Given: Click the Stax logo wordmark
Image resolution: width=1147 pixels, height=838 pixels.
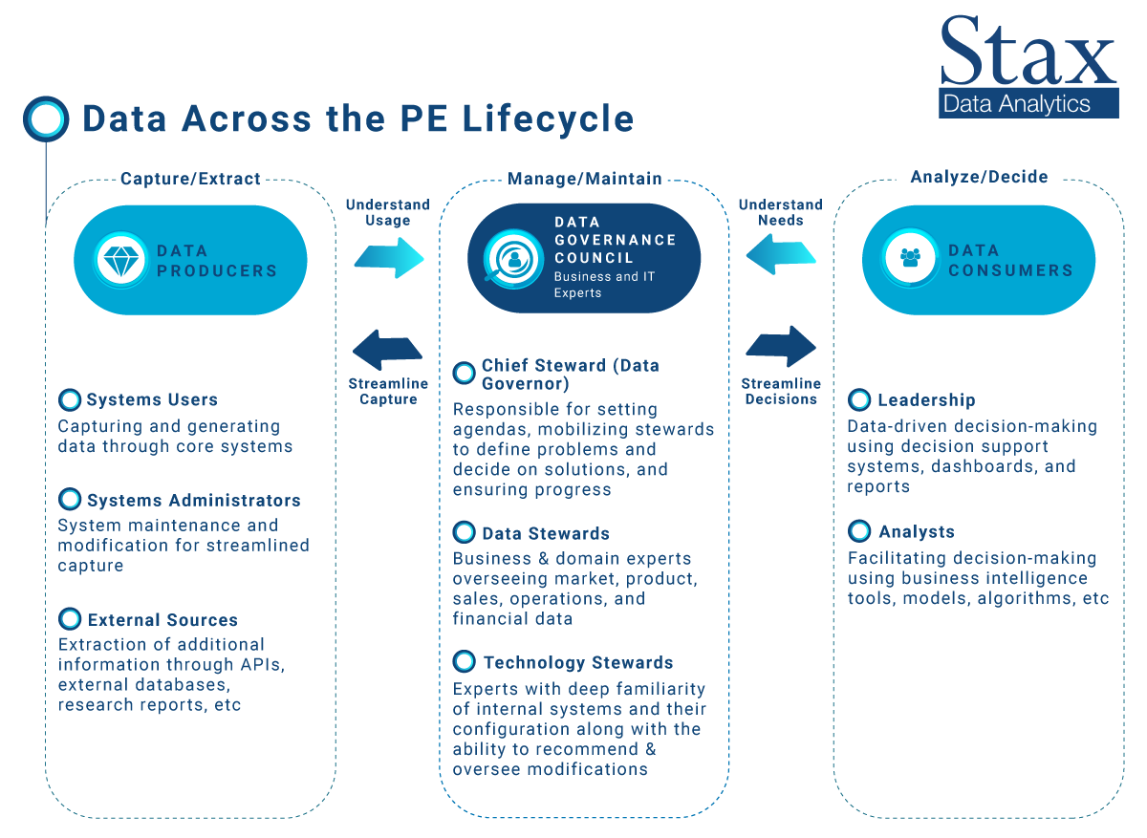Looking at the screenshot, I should click(x=1028, y=52).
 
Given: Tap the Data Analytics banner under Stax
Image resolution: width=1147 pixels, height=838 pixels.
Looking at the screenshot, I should click(x=1028, y=103).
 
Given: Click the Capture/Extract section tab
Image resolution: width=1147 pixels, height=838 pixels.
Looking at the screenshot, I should click(x=190, y=179).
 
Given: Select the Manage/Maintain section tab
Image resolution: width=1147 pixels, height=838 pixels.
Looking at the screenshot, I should click(x=584, y=179).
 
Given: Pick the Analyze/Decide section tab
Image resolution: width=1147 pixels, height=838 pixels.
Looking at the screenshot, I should click(x=979, y=177).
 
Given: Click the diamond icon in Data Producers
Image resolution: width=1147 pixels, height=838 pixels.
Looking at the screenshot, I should click(x=120, y=260).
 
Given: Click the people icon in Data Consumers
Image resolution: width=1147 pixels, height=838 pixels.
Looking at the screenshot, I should click(x=910, y=258).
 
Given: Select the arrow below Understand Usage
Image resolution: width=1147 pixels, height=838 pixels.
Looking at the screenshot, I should click(x=388, y=255).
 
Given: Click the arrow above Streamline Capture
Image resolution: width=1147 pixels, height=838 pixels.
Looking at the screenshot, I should click(x=388, y=350).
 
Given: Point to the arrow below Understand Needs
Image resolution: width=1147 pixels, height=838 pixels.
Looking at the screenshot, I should click(x=781, y=255).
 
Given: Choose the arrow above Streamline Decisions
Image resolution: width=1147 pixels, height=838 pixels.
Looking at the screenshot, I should click(x=781, y=346).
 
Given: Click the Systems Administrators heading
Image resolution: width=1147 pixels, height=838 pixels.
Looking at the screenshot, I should click(x=193, y=501).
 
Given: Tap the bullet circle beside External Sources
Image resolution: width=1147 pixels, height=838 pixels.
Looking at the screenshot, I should click(x=70, y=619).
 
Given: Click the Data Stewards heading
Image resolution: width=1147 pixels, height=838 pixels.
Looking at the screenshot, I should click(x=545, y=533).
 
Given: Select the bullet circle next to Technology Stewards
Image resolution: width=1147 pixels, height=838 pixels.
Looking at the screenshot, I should click(x=465, y=662).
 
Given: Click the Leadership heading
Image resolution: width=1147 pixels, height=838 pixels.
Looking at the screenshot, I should click(x=926, y=400).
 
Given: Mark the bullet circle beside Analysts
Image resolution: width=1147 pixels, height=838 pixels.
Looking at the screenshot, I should click(x=859, y=531).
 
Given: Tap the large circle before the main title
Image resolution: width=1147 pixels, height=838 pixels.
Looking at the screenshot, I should click(x=45, y=118).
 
